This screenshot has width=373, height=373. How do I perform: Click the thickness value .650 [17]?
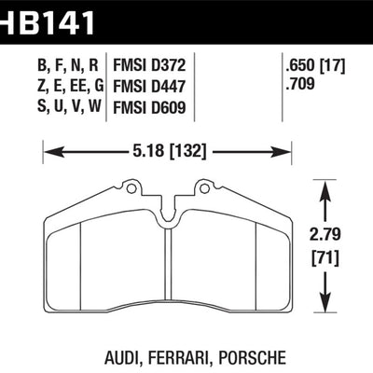316,65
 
